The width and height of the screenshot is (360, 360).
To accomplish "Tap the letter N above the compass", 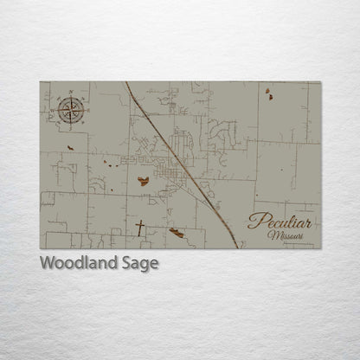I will (x=68, y=89).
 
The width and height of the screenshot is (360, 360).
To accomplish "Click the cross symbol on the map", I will (x=140, y=228).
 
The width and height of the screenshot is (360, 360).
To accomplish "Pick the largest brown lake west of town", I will (x=143, y=182).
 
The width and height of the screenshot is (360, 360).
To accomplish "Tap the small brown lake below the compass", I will (x=70, y=147).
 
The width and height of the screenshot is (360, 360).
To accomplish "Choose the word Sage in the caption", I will (x=140, y=264).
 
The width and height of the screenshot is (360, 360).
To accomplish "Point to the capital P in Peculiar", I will (x=254, y=221).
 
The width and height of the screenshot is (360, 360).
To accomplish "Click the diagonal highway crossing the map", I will (x=182, y=164).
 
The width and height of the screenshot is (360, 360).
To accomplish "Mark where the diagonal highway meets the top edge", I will (x=126, y=83).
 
